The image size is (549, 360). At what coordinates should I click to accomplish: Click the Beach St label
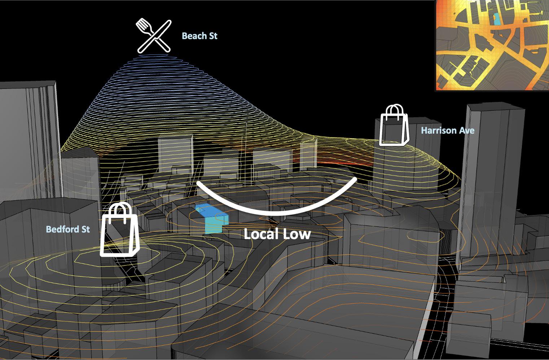[x=199, y=36]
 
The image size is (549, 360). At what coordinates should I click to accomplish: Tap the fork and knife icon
[x=153, y=36]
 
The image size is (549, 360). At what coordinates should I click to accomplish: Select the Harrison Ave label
[x=447, y=130]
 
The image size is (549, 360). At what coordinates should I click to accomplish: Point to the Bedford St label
[x=68, y=229]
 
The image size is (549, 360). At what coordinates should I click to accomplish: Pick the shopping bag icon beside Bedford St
[x=120, y=233]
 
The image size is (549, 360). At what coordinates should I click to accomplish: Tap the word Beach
[x=192, y=36]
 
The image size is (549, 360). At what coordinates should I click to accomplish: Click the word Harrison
[x=439, y=130]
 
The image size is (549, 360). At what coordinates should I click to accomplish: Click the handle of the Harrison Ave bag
[x=396, y=110]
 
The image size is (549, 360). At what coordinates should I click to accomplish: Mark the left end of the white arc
[x=198, y=183]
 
